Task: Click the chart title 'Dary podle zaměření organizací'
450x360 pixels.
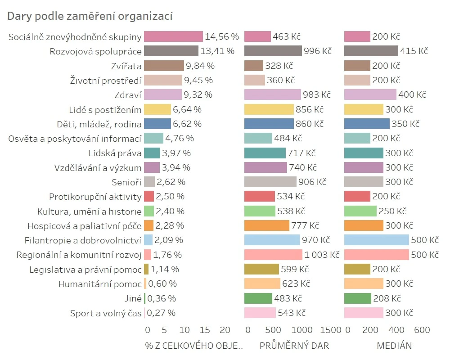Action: [90, 16]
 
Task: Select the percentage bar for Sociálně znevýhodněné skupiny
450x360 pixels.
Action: [173, 36]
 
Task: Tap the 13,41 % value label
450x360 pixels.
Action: [217, 51]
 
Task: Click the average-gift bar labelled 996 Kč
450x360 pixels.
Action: [273, 51]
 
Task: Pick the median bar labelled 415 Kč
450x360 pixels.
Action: [371, 51]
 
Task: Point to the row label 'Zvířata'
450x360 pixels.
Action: [126, 66]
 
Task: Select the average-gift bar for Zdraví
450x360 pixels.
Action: [272, 94]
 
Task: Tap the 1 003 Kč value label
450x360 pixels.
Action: [321, 255]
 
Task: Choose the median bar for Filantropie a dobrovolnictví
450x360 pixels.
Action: [376, 240]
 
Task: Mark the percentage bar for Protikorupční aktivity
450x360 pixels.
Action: [149, 196]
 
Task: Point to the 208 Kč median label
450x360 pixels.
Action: [387, 298]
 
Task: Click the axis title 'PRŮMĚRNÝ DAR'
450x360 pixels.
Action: [294, 346]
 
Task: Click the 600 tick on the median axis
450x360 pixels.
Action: [422, 330]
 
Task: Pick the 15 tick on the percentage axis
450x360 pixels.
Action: [205, 330]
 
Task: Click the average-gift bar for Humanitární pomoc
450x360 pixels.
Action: [262, 283]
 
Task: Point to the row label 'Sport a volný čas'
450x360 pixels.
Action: [106, 313]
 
